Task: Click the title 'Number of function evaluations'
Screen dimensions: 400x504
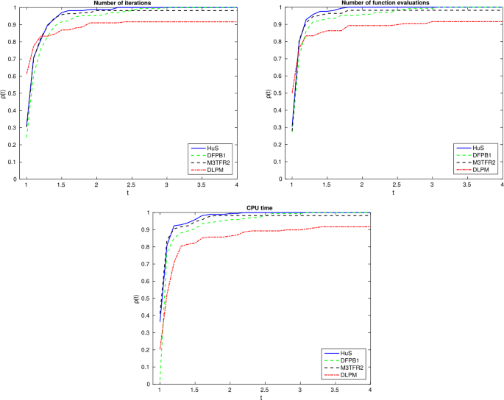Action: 397,4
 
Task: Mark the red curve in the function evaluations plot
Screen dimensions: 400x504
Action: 397,25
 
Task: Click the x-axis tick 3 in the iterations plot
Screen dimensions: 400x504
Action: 167,185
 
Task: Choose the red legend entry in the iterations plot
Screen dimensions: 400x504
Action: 209,170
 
